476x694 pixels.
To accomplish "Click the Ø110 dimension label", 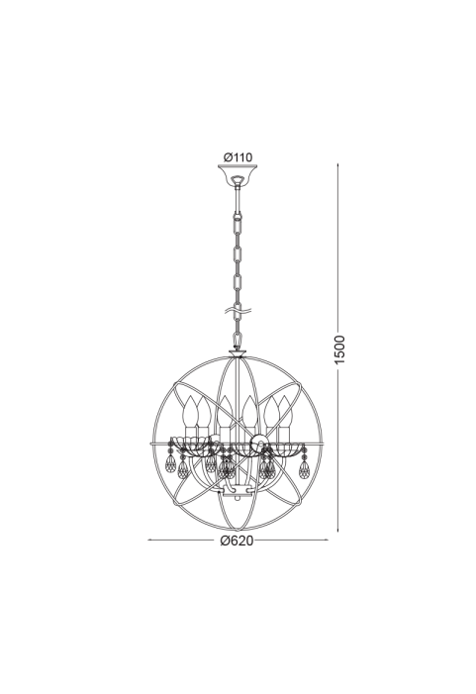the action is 238,157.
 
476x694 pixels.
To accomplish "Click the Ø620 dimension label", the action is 238,541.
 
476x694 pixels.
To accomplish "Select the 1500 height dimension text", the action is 338,350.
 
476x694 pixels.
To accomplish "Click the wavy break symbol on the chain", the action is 238,311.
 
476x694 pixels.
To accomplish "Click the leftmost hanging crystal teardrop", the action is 170,463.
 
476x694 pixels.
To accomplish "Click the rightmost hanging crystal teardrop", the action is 304,468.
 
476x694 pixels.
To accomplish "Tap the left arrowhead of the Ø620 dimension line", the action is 149,540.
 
